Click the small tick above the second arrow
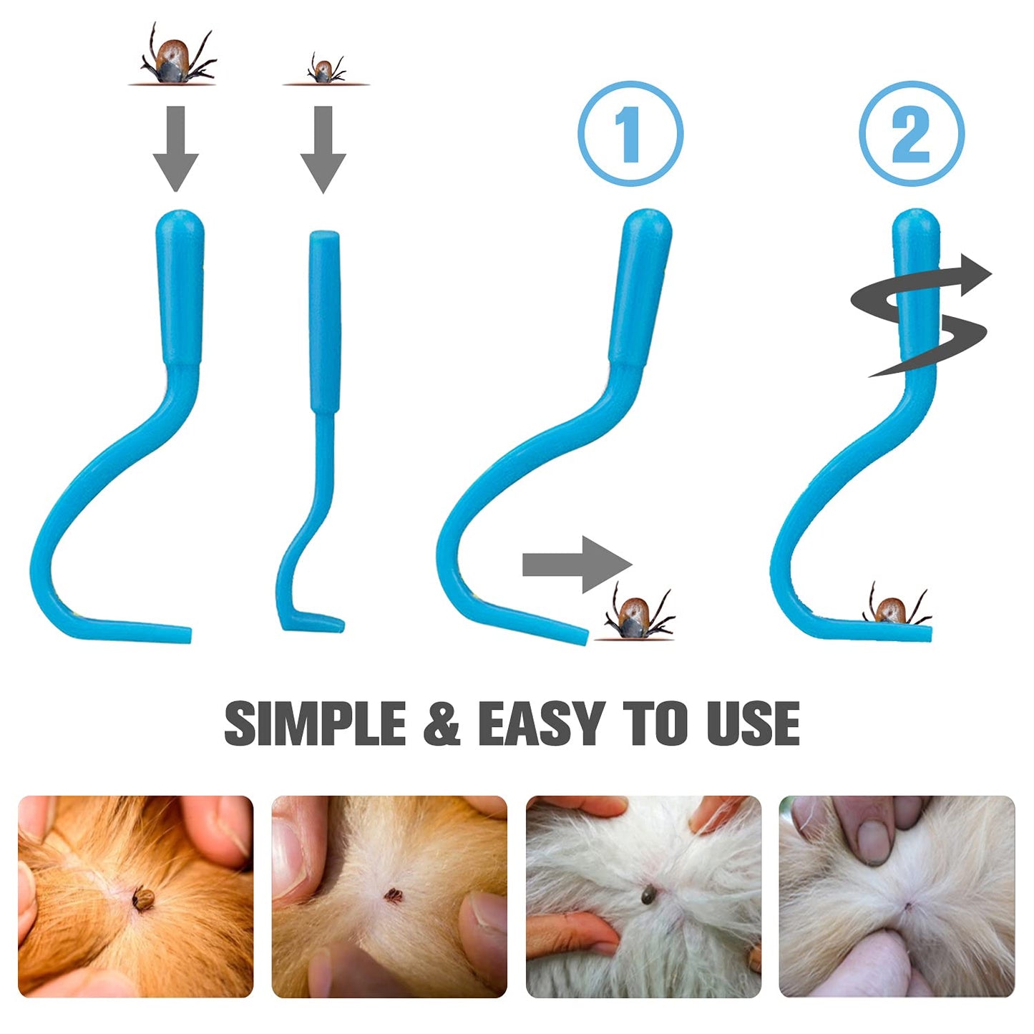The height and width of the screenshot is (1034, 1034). [324, 69]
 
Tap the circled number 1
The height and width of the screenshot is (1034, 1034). [630, 134]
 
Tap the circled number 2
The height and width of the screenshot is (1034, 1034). [912, 134]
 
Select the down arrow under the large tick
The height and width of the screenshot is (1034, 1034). [176, 149]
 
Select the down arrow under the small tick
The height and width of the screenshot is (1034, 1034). [323, 149]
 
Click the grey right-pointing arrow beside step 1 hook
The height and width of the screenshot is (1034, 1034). [577, 565]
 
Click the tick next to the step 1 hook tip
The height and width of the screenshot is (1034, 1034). [637, 613]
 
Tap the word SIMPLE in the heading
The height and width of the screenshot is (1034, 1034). [316, 723]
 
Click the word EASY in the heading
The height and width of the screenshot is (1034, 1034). [542, 723]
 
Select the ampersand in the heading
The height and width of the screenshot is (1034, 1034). [442, 724]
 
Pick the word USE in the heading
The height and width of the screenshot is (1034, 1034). [753, 723]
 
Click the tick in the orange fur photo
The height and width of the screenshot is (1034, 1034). [143, 897]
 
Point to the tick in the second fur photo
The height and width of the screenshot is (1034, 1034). [393, 895]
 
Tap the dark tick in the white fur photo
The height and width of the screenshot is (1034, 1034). [649, 894]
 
